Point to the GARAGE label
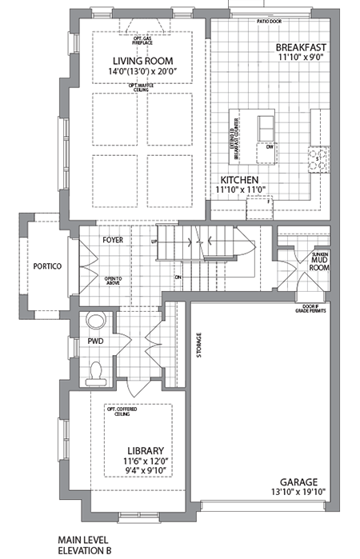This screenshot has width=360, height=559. click(298, 482)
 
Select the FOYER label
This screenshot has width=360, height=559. click(113, 239)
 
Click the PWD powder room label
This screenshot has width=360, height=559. click(97, 341)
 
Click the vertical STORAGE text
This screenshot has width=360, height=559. click(196, 346)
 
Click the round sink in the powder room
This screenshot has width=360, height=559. click(95, 321)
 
